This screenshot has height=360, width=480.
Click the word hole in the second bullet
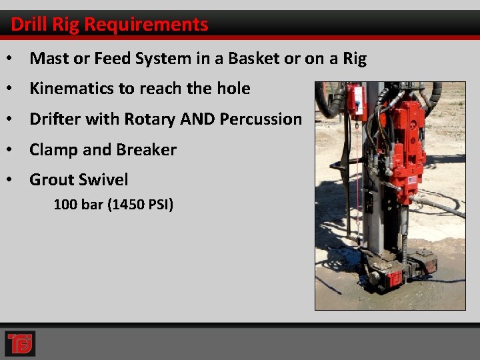[233, 89]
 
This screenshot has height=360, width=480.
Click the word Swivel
[104, 180]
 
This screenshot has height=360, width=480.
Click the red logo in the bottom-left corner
[20, 343]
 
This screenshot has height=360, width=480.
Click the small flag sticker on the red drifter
[412, 180]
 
